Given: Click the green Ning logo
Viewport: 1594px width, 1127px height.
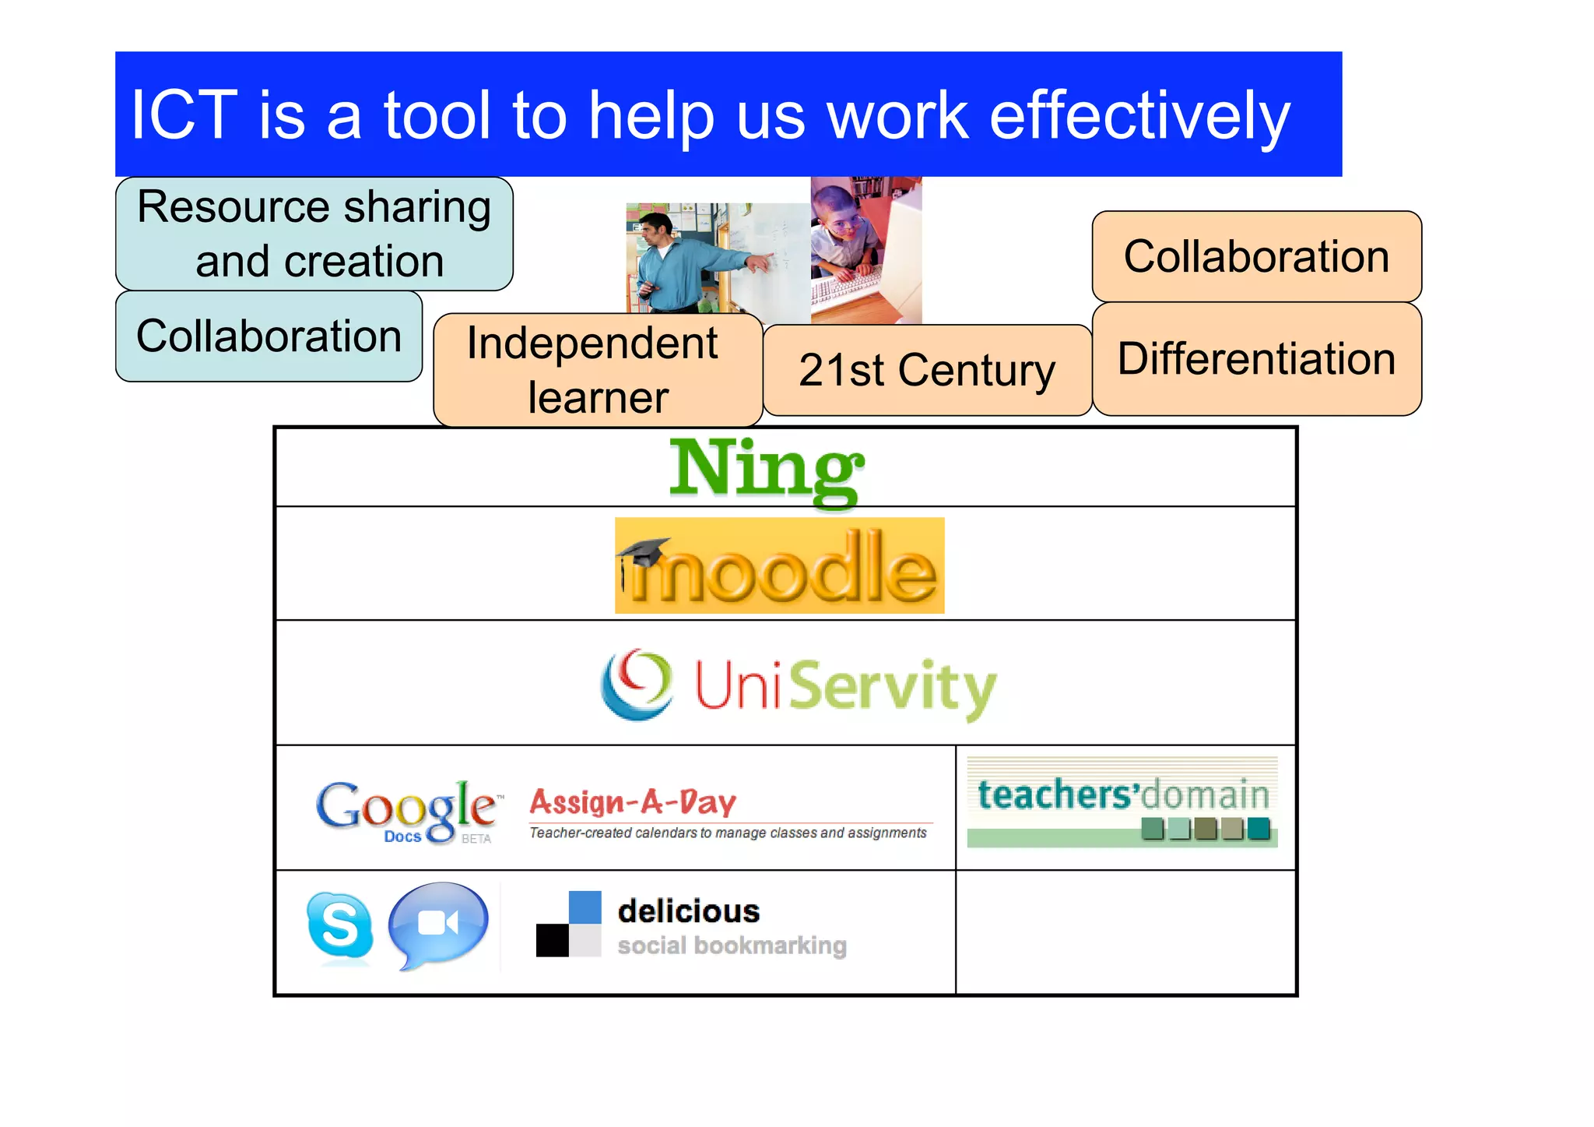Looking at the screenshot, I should point(766,469).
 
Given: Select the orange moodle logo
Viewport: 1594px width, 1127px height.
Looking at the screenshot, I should point(779,566).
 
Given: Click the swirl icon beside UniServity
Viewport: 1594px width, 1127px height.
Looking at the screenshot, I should point(637,684).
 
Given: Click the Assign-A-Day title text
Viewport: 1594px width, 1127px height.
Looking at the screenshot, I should point(633,801).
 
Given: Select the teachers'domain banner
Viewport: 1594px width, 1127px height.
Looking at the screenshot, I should point(1122,802).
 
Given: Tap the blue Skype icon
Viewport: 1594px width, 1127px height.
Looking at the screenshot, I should point(339,926).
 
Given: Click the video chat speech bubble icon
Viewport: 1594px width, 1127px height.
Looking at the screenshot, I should point(438,924).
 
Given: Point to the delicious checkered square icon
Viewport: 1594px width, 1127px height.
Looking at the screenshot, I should point(569,924).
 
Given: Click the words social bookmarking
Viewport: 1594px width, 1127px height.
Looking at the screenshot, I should point(732,946).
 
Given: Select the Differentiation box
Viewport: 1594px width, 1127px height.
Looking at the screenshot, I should point(1256,359).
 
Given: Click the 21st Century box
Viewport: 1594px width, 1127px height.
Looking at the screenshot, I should point(927,370).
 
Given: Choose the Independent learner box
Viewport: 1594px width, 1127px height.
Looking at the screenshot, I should point(597,370).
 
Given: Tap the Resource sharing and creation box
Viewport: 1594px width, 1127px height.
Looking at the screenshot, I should point(314,234).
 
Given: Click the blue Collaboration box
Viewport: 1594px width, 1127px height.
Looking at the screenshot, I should point(269,336).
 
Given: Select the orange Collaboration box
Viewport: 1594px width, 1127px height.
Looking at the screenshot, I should point(1256,256).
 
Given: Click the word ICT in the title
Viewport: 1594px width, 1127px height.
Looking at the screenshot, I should point(184,115).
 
